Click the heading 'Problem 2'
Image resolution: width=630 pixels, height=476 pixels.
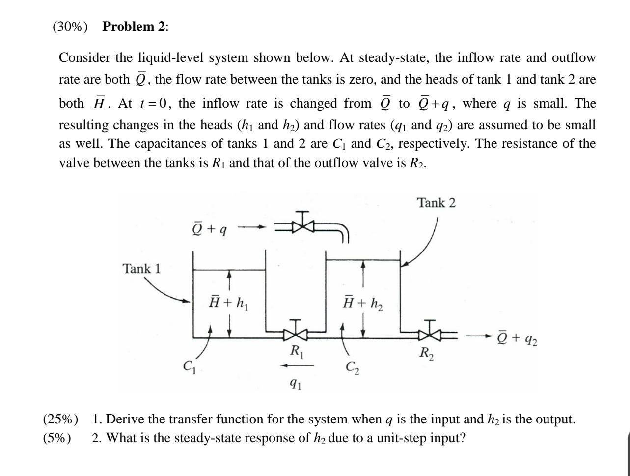click(x=135, y=27)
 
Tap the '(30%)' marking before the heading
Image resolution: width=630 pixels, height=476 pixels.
click(x=70, y=27)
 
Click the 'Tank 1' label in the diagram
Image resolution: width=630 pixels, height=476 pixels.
click(x=141, y=269)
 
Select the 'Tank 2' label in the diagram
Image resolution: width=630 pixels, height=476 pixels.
click(x=437, y=203)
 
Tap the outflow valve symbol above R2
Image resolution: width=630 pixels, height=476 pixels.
click(x=431, y=335)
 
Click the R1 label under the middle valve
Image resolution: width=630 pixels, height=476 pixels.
click(x=297, y=352)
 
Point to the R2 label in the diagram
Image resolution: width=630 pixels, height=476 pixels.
click(x=426, y=353)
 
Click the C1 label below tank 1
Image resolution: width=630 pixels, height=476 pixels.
click(x=189, y=366)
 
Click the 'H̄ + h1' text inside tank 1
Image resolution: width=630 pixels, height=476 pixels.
click(x=228, y=301)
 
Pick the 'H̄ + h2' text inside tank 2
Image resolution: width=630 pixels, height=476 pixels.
click(x=363, y=302)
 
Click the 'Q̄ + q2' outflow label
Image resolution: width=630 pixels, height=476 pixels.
click(x=517, y=338)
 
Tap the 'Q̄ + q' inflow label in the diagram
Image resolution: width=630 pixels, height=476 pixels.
click(x=209, y=228)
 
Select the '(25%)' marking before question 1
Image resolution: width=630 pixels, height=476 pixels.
click(x=61, y=420)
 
